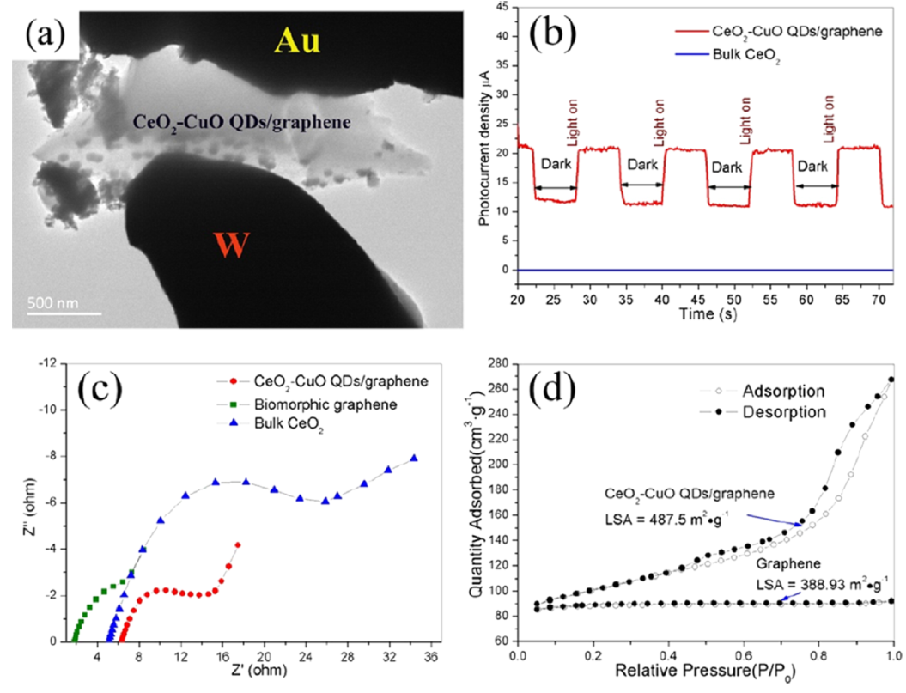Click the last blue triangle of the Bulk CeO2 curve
415,459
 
